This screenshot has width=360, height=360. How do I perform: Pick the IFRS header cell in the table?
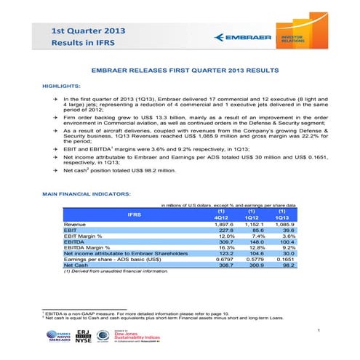pos(135,216)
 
